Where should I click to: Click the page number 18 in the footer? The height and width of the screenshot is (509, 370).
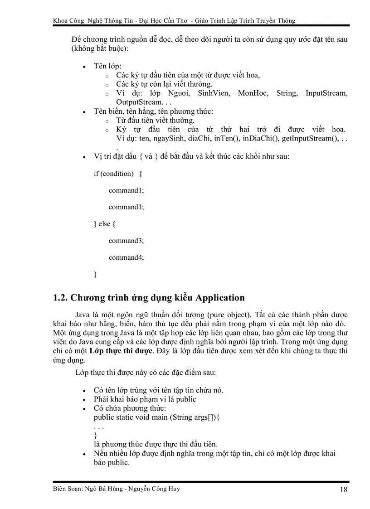[343, 490]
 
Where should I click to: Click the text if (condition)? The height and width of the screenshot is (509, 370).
[114, 174]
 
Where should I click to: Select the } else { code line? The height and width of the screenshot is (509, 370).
[104, 224]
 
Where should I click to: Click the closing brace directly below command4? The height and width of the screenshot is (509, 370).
[95, 274]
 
